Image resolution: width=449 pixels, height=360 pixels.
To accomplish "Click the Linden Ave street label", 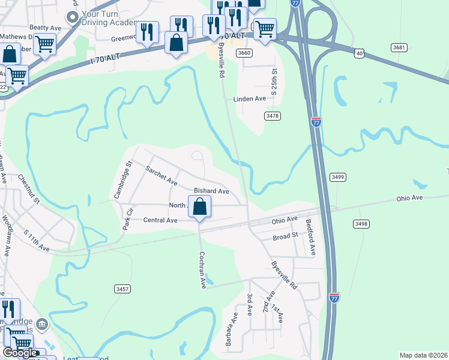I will pyautogui.click(x=250, y=98).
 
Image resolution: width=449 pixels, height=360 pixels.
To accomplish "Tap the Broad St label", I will pyautogui.click(x=285, y=236).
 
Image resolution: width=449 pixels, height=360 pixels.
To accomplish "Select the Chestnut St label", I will pyautogui.click(x=28, y=188).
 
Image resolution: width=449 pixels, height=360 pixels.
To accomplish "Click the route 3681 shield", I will pyautogui.click(x=399, y=47).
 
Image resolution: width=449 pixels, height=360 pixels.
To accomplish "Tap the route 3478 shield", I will pyautogui.click(x=272, y=116).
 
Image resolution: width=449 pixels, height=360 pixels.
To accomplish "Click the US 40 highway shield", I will pyautogui.click(x=359, y=53).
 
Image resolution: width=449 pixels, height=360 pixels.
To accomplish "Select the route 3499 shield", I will pyautogui.click(x=337, y=176).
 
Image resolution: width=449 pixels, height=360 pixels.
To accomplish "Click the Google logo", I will pyautogui.click(x=20, y=353).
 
